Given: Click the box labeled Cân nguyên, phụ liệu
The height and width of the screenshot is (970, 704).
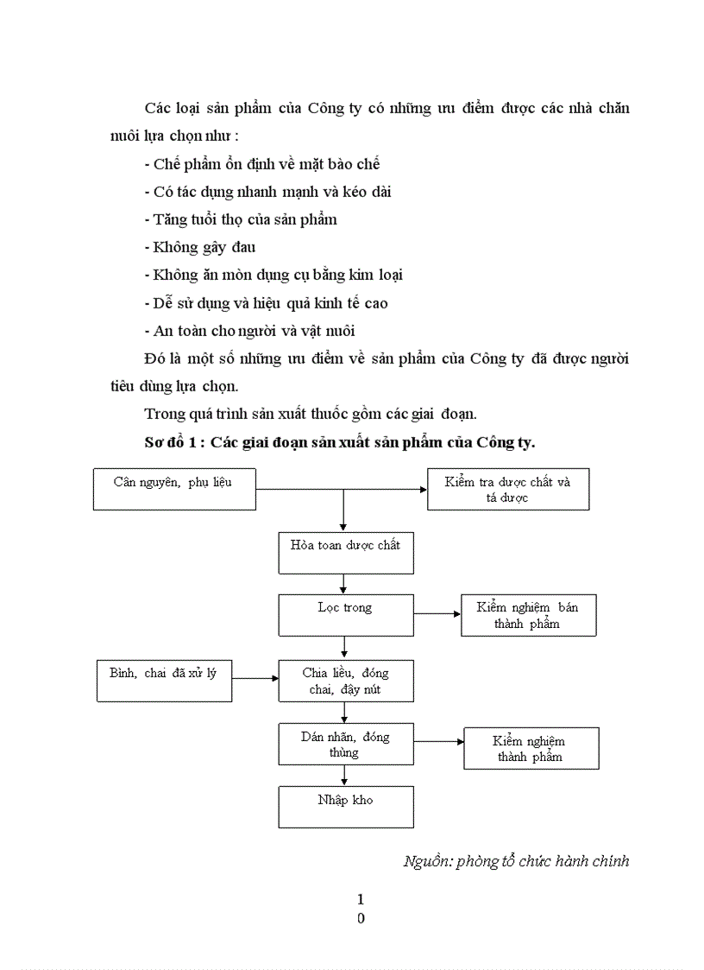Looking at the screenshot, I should [x=173, y=488].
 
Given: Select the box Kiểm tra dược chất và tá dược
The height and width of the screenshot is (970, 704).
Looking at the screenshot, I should [x=508, y=489].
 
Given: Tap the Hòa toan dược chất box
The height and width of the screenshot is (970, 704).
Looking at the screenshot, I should [x=345, y=553].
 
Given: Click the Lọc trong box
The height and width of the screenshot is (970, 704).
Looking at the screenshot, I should [x=345, y=614].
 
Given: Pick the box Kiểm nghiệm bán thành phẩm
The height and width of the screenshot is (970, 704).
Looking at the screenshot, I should [x=528, y=615].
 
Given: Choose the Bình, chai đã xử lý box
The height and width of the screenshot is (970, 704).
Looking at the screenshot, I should [x=163, y=679].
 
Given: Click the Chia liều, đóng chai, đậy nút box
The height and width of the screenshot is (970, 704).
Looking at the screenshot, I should [x=345, y=681].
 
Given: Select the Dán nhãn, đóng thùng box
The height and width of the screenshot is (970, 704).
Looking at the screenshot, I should [x=345, y=744].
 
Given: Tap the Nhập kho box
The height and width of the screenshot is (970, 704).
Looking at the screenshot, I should [x=345, y=806].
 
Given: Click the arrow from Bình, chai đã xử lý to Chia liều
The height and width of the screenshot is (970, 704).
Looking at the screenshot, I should [x=255, y=679].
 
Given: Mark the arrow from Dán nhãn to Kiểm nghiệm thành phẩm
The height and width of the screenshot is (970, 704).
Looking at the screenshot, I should [x=438, y=741].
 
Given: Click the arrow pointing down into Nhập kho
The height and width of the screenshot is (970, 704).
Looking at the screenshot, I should [x=344, y=776].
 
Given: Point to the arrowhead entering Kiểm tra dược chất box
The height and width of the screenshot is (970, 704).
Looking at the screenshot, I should [x=423, y=489].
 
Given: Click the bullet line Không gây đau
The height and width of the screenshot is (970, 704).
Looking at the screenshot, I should [x=200, y=248].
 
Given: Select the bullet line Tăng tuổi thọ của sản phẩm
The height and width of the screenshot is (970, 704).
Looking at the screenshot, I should [x=241, y=219].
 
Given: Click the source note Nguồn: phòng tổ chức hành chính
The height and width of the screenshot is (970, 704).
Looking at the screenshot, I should [x=516, y=861].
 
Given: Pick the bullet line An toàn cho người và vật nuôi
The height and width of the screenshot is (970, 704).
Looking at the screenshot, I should [x=249, y=331].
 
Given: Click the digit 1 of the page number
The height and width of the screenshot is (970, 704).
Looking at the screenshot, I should [x=361, y=900].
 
